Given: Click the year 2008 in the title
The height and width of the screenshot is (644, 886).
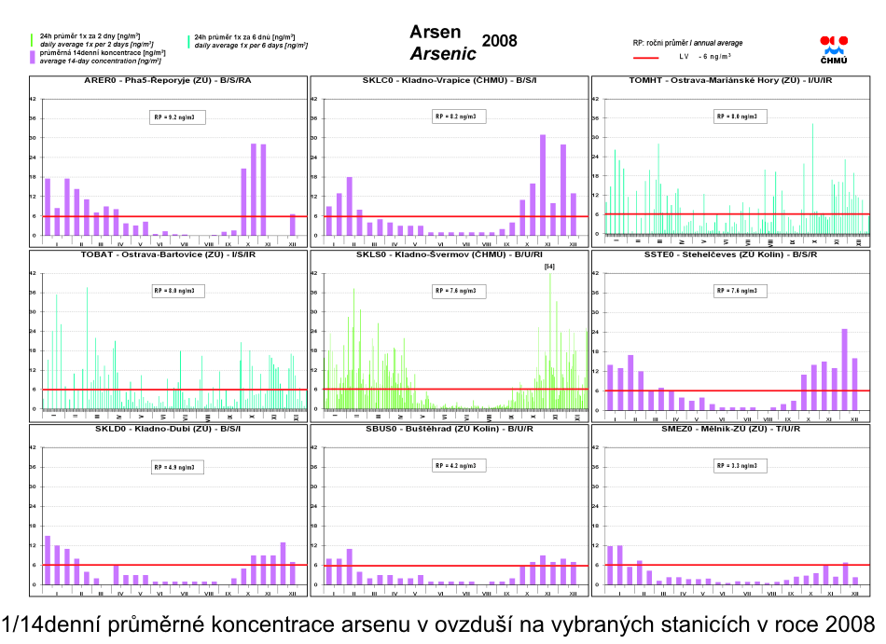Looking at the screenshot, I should [x=499, y=41].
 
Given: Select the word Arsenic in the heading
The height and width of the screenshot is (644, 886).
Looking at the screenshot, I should [x=443, y=52].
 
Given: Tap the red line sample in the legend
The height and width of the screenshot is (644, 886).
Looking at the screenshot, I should [x=645, y=56].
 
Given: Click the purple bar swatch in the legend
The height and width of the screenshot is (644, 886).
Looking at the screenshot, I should [x=34, y=57].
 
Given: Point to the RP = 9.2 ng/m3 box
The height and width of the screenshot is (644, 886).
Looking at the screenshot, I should [x=177, y=117].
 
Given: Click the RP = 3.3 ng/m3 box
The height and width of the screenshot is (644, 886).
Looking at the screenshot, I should [x=737, y=464].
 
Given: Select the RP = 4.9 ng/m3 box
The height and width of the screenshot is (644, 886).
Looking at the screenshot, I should [x=177, y=464].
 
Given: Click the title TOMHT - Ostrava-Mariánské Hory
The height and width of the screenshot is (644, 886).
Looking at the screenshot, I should [x=731, y=81].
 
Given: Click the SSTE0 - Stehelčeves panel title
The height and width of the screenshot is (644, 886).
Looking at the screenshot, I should [x=731, y=254].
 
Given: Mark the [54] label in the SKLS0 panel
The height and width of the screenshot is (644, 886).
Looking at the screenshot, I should [x=549, y=267].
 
